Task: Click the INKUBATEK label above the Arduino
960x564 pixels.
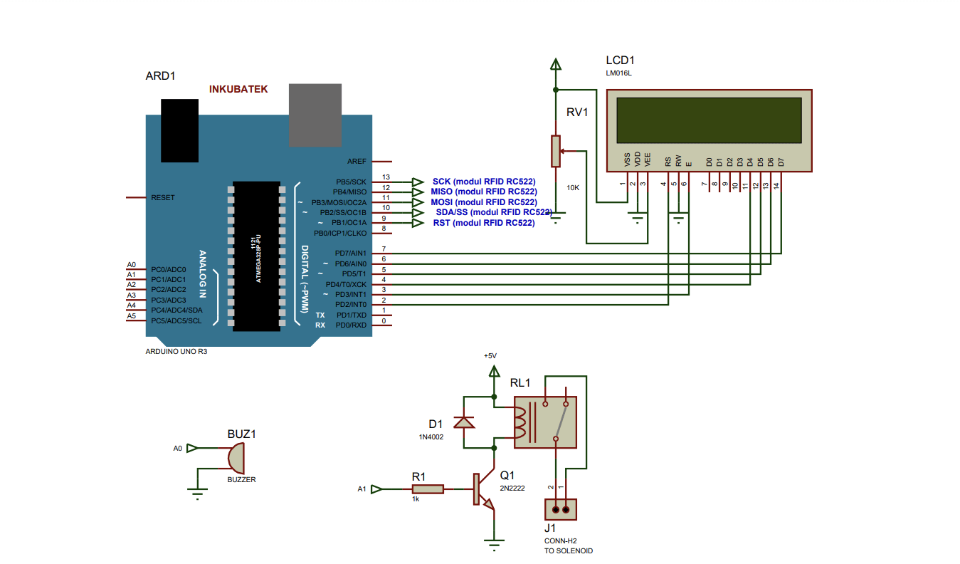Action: [238, 90]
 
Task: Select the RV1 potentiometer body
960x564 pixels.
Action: [555, 150]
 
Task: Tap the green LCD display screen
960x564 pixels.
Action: [709, 120]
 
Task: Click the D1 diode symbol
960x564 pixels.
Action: [465, 422]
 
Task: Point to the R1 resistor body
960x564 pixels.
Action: [428, 489]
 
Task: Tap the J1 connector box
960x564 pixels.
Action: [560, 509]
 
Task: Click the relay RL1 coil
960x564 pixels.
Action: [522, 421]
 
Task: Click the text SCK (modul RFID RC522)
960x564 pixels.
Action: [483, 182]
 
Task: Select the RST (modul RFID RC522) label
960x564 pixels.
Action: [483, 223]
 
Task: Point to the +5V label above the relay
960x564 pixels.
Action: [490, 355]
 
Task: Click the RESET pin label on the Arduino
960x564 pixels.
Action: [162, 197]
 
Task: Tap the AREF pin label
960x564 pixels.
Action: [357, 162]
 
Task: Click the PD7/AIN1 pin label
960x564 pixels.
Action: [350, 254]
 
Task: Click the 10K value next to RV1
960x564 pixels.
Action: [573, 187]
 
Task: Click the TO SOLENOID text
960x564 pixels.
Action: [568, 550]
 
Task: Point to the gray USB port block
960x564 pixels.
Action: [315, 115]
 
